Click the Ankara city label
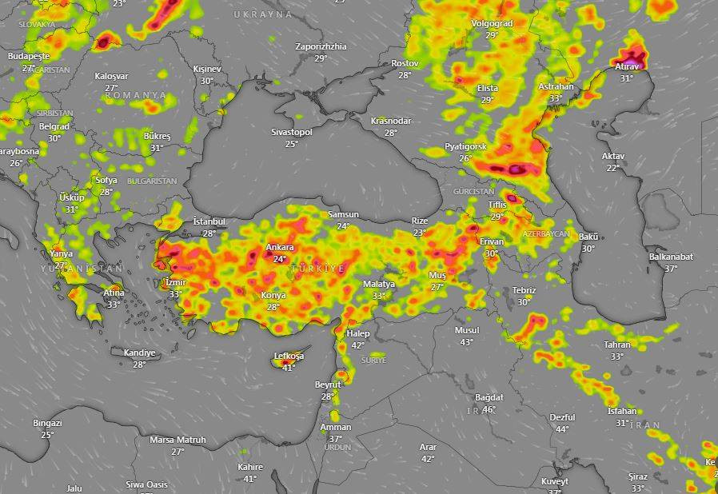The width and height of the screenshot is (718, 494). point(280,248)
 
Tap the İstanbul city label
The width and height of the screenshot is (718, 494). point(209,221)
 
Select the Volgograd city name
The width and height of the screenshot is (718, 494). point(492,23)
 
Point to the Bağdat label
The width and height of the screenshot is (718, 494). point(489,397)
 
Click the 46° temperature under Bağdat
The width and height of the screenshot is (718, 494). point(489,409)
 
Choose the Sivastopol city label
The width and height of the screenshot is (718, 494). point(291,131)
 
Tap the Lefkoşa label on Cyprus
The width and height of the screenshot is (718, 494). point(289,356)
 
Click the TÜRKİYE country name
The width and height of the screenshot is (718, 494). point(318,269)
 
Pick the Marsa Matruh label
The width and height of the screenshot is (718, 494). point(178,440)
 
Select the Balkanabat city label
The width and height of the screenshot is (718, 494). point(671,257)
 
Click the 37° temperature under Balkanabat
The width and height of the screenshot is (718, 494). point(671,269)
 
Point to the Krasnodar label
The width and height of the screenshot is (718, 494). point(390,121)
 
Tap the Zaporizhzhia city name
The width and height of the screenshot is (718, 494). point(321,46)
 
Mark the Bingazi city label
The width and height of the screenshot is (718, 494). point(47,423)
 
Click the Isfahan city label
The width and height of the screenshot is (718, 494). point(622,411)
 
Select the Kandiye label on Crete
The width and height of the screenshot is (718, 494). point(139,353)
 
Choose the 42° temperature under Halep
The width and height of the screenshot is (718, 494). point(357,345)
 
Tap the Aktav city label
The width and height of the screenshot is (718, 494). point(612,156)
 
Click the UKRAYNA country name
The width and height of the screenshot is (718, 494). point(263,14)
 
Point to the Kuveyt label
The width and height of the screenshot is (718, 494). point(554,481)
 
